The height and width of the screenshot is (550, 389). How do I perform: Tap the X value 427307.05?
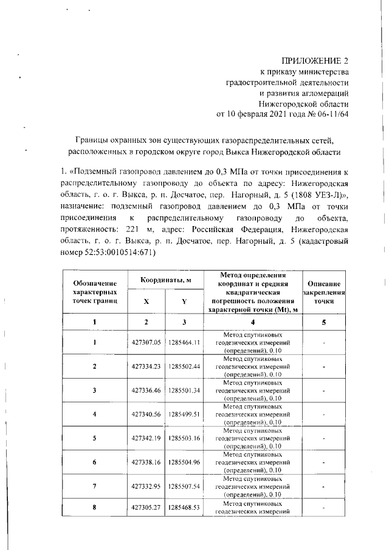146,343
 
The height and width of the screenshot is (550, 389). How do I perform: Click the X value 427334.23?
146,366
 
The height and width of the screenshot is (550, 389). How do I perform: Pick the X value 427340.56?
146,414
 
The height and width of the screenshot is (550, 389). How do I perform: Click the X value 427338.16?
146,461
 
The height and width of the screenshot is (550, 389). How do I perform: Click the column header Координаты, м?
165,280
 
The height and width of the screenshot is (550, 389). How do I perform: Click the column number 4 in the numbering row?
254,321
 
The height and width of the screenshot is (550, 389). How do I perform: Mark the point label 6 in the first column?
95,461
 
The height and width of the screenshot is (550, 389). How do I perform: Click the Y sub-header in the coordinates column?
184,301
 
